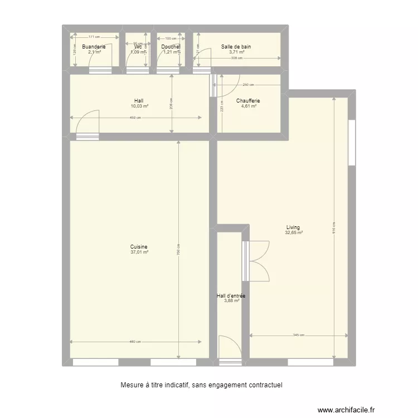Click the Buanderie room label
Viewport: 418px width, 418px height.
(93, 47)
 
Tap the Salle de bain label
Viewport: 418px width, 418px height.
(236, 47)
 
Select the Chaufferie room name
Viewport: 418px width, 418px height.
(248, 101)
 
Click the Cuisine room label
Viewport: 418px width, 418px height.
(139, 247)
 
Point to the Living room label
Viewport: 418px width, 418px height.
(293, 227)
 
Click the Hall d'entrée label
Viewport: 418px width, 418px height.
(231, 295)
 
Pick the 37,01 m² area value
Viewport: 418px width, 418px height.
(139, 252)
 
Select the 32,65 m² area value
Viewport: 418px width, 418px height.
(294, 233)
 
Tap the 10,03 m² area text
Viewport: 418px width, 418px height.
(139, 106)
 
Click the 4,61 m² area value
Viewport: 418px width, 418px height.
(249, 106)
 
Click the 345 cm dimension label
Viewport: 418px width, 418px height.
(298, 336)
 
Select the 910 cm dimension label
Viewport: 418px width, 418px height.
(334, 231)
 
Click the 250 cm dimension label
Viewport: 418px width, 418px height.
(249, 85)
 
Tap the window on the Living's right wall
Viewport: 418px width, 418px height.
(352, 143)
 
